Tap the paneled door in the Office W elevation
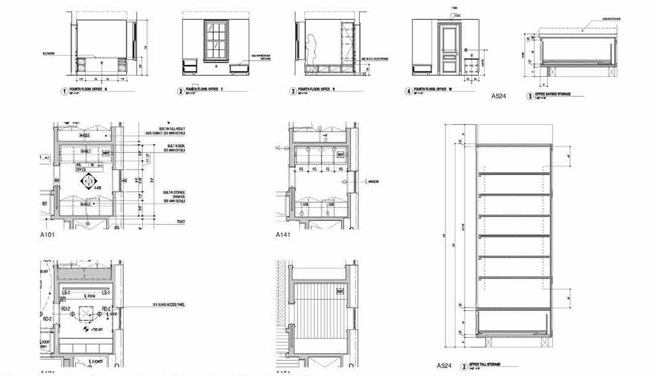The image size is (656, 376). pos(447,48)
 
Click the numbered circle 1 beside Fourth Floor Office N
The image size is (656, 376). pos(63,92)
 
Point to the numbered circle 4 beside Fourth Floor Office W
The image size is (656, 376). pos(409,91)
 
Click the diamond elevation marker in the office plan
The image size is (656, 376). pos(88,182)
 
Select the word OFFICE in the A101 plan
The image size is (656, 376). pos(81,169)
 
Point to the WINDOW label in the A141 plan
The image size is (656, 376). pos(373,182)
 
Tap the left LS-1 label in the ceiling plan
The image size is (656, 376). pos(65,292)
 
